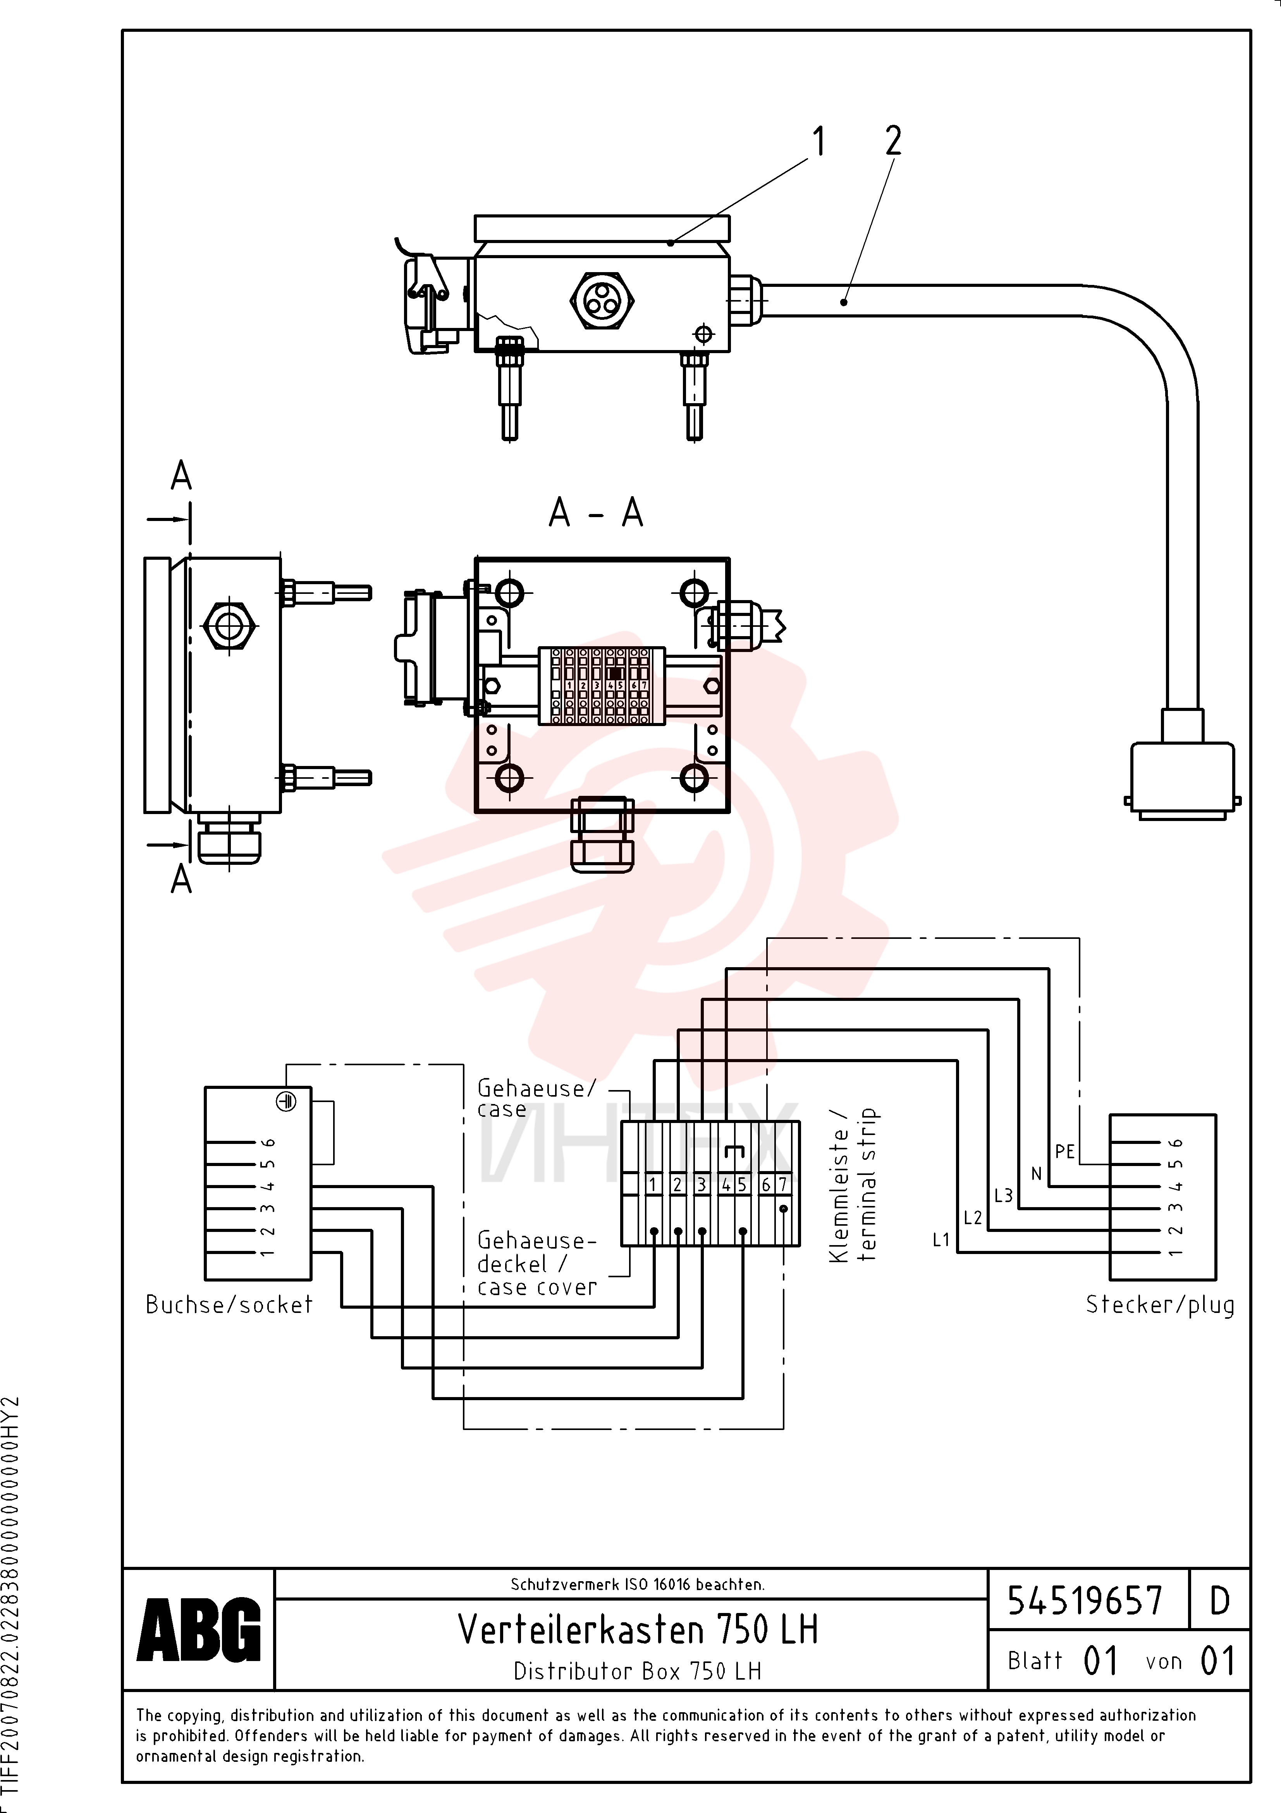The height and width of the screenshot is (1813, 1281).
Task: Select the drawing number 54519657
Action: pos(1085,1601)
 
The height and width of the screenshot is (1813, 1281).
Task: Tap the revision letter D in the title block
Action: pos(1219,1601)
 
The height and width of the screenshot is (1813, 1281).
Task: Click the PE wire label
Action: pos(1065,1152)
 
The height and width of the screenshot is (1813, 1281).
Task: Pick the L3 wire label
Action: pos(1003,1195)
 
